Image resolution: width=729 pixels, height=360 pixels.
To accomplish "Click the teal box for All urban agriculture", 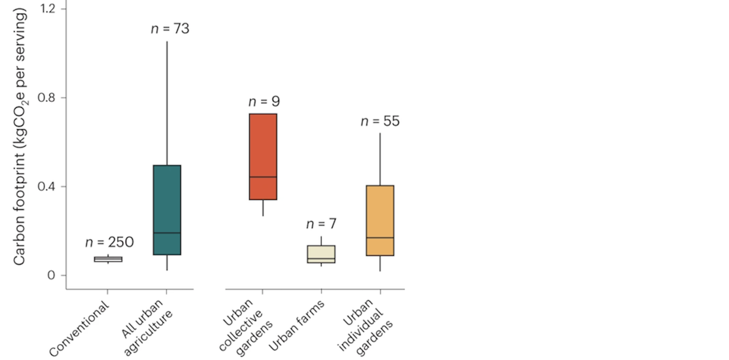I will (167, 199).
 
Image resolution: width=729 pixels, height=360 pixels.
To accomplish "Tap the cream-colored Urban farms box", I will (321, 252).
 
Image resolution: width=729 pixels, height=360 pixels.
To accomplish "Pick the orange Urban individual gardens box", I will (380, 212).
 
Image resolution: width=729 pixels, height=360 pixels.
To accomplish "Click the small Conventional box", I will (108, 259).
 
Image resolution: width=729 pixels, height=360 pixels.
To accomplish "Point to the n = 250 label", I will (109, 242).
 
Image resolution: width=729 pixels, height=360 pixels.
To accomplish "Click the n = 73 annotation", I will (170, 29).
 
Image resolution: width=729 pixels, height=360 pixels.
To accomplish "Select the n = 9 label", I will (264, 102).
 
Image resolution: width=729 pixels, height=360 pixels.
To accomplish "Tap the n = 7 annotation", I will (321, 224).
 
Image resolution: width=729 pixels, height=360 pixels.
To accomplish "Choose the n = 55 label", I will (380, 121).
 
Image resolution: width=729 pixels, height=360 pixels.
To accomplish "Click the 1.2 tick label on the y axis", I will (47, 8).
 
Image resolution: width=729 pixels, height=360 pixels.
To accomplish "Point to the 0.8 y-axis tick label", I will (47, 98).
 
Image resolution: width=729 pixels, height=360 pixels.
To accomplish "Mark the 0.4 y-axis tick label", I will (47, 187).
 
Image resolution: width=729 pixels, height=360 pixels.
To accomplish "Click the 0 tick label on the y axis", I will (51, 276).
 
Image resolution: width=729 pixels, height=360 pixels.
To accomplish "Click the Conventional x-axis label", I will (80, 329).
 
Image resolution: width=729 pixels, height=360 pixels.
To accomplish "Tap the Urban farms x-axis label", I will (297, 325).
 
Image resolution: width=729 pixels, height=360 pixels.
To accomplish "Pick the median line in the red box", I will (263, 177).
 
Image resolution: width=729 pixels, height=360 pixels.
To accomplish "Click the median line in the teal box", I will (167, 233).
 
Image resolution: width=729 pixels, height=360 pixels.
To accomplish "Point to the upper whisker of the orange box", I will (380, 159).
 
